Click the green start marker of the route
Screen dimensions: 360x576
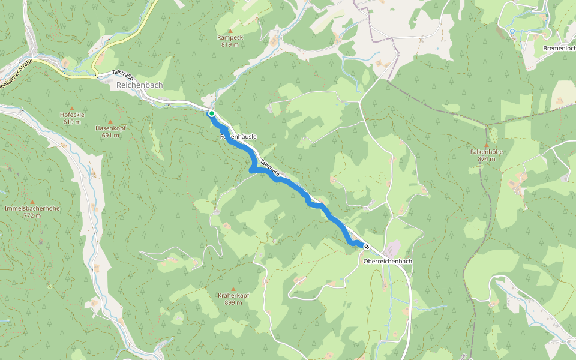click(x=211, y=113)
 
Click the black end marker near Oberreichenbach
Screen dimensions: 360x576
click(x=367, y=246)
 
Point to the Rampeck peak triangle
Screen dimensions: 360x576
click(x=230, y=29)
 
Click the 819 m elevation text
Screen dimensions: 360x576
click(x=230, y=44)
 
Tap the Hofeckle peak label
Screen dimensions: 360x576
click(x=72, y=115)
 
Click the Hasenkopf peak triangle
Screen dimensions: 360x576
click(x=110, y=121)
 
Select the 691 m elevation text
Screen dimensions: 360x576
click(x=110, y=136)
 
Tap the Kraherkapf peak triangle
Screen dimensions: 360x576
click(x=233, y=288)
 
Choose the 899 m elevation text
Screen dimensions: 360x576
click(x=233, y=302)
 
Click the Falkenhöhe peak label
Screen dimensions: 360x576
click(x=486, y=152)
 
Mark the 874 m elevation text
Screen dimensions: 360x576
click(x=486, y=159)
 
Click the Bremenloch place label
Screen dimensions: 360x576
click(x=559, y=48)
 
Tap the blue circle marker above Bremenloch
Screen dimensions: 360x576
click(x=512, y=31)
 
